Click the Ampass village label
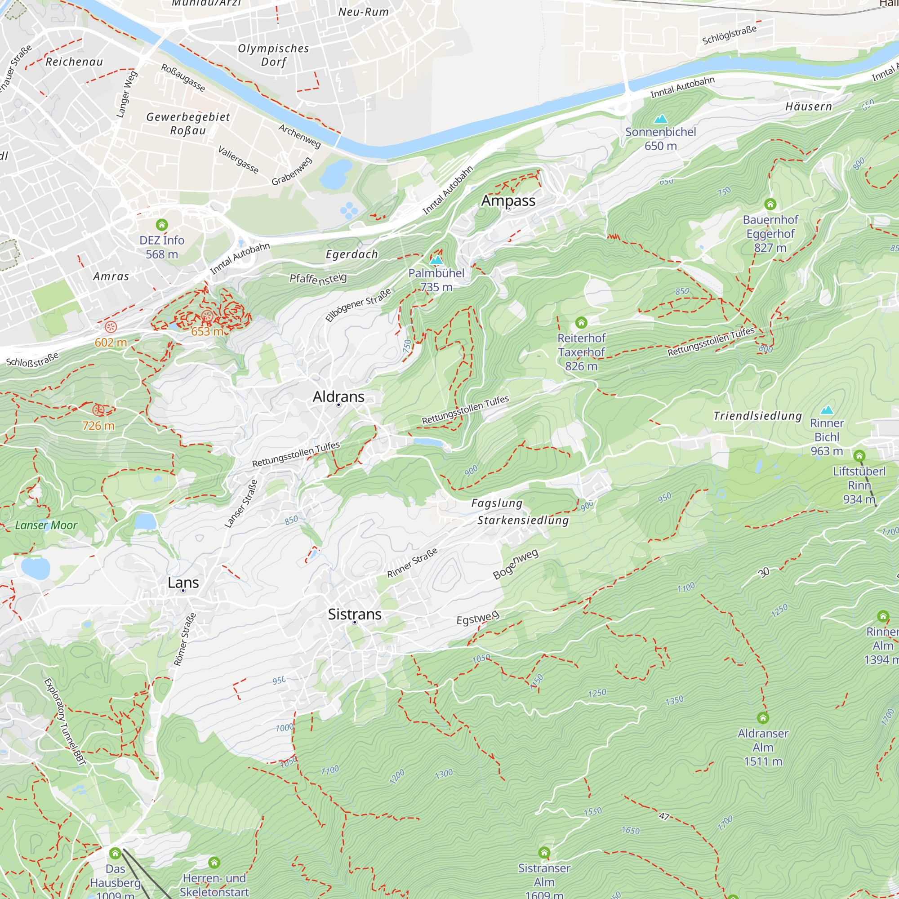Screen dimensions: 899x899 (x=508, y=200)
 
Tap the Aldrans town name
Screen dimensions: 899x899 (x=338, y=396)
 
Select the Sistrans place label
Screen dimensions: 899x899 (x=355, y=614)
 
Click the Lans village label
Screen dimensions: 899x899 (x=183, y=583)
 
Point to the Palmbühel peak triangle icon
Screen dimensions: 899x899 (x=436, y=260)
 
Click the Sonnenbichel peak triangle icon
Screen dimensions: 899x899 (x=660, y=119)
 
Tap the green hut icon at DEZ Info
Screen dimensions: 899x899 (x=161, y=225)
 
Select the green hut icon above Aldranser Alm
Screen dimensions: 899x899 (x=763, y=717)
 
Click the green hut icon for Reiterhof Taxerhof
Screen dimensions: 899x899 (x=581, y=322)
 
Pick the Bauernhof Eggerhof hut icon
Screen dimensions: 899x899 (x=770, y=204)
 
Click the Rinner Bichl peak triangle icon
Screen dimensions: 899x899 (x=827, y=410)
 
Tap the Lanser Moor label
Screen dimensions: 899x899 (x=46, y=525)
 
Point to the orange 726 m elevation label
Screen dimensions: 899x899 (x=98, y=425)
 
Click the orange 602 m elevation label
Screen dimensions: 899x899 (x=111, y=343)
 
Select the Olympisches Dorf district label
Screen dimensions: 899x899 (x=274, y=55)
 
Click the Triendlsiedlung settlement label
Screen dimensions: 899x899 (x=757, y=415)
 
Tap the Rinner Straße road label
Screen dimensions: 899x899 (x=412, y=563)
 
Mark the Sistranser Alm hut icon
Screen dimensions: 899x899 (x=544, y=852)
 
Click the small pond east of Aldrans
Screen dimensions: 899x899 (x=428, y=442)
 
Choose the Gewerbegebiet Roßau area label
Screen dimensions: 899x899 (x=188, y=123)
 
